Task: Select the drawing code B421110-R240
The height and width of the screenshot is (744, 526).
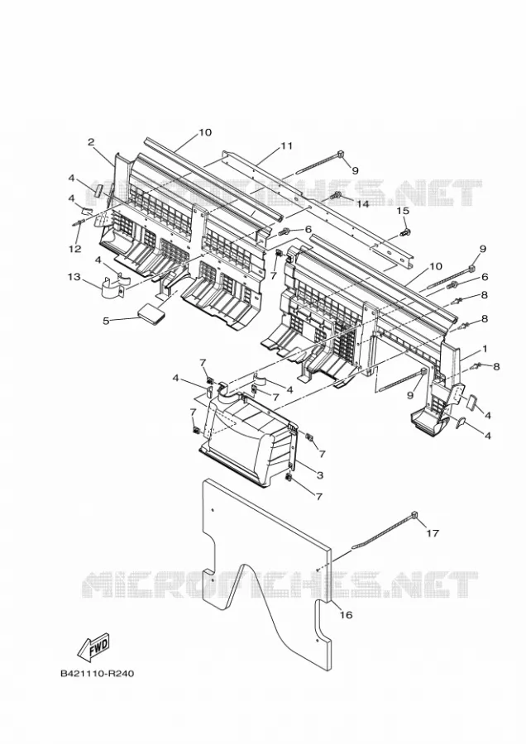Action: [98, 673]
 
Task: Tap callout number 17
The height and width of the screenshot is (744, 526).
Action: [432, 533]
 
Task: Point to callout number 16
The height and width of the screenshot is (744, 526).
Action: [347, 615]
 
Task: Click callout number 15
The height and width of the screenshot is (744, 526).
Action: [403, 211]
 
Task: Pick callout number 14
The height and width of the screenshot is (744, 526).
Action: [362, 204]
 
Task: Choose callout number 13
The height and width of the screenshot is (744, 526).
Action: [74, 277]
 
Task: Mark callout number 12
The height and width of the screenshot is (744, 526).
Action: [75, 249]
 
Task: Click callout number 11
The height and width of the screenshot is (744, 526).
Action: [286, 146]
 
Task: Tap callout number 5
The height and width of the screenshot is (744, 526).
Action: [106, 321]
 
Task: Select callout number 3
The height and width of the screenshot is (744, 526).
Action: [320, 475]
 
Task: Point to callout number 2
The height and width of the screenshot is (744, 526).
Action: [91, 141]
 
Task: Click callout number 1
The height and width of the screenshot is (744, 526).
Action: [485, 349]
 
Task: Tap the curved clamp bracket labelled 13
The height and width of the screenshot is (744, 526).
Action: [114, 287]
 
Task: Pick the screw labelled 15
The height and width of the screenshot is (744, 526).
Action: [405, 232]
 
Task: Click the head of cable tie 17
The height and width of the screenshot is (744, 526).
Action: [414, 515]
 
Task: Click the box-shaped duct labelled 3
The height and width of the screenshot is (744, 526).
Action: [249, 432]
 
